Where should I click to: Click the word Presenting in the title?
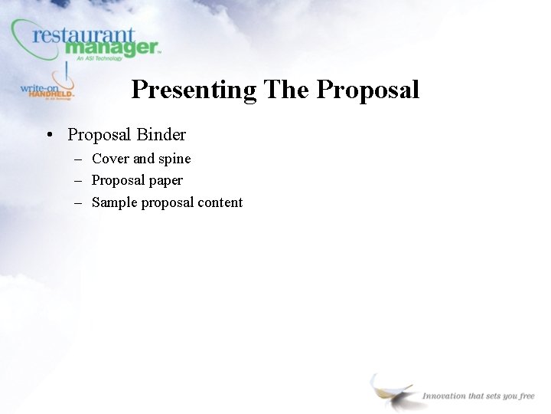pyautogui.click(x=194, y=90)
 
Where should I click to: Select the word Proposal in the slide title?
pyautogui.click(x=368, y=90)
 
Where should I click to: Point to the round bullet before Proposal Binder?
pyautogui.click(x=48, y=136)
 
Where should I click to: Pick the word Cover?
pyautogui.click(x=110, y=159)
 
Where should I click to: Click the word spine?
pyautogui.click(x=174, y=159)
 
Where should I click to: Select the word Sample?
pyautogui.click(x=114, y=202)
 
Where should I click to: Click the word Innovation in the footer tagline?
pyautogui.click(x=444, y=396)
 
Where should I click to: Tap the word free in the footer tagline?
pyautogui.click(x=527, y=396)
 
